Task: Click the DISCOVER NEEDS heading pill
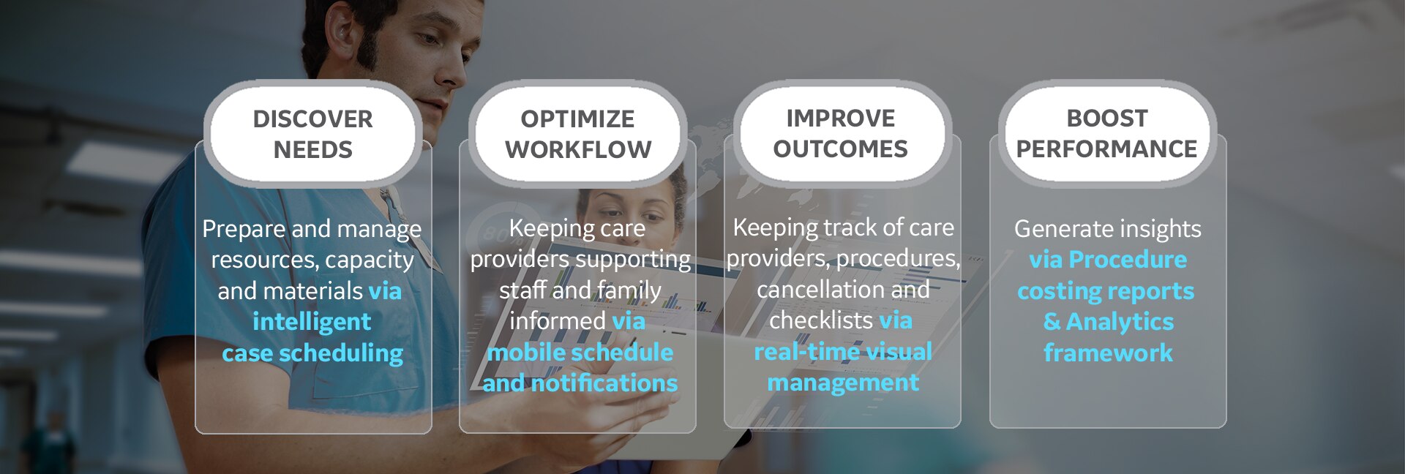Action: tap(313, 134)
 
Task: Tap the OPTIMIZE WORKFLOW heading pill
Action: tap(578, 134)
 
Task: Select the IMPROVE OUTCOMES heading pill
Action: tap(841, 133)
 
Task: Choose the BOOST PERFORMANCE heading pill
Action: tap(1106, 133)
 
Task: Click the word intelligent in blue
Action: tap(312, 322)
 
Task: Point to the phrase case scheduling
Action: tap(312, 353)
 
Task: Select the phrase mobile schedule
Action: tap(580, 352)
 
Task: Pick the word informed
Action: tap(558, 320)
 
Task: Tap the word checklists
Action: tap(821, 320)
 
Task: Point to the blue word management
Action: tap(843, 383)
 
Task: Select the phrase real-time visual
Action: tap(843, 352)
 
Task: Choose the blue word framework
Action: tap(1108, 353)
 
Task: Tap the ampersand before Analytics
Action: tap(1052, 322)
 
